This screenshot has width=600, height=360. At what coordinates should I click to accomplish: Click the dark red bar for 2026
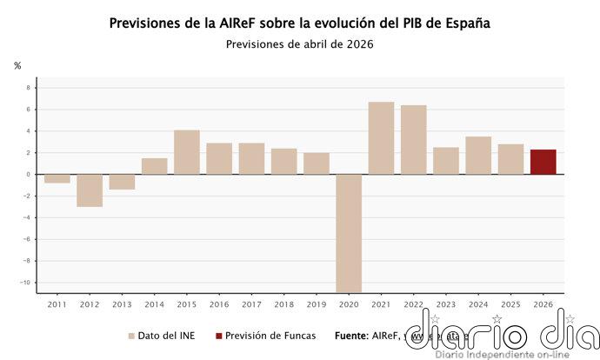click(543, 162)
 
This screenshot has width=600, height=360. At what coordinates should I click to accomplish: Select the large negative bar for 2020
click(349, 232)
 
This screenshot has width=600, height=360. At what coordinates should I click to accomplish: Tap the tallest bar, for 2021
click(381, 138)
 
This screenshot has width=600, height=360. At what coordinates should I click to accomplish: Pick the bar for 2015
click(187, 152)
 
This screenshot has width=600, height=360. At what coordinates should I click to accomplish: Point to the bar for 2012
click(90, 190)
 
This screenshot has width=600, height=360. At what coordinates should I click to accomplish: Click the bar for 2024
click(478, 156)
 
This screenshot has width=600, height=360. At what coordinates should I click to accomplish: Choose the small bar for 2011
click(57, 178)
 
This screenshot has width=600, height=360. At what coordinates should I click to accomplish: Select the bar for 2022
click(413, 140)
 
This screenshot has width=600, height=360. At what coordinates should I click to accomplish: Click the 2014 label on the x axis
click(154, 304)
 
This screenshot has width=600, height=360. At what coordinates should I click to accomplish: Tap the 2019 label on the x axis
click(317, 304)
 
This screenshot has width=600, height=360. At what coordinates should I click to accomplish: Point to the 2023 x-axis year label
click(446, 304)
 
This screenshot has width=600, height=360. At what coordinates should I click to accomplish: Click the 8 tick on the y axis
click(28, 88)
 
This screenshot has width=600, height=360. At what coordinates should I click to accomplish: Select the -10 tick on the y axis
click(26, 282)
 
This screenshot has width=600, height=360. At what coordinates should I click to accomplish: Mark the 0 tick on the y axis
click(28, 174)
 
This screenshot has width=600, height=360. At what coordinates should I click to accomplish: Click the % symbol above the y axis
click(17, 66)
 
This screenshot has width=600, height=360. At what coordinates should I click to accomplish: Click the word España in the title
click(466, 23)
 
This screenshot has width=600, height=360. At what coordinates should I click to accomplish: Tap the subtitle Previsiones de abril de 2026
click(299, 44)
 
